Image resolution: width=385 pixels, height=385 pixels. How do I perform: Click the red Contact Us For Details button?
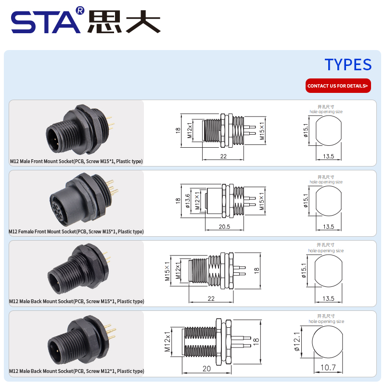point(338,86)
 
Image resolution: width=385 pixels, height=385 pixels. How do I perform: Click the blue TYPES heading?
point(348,64)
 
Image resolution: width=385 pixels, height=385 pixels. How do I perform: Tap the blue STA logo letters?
point(46,22)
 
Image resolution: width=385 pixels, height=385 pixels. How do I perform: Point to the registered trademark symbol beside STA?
point(80,11)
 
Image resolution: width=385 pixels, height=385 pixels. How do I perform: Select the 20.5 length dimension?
point(224,226)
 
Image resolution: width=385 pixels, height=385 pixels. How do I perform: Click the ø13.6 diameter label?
point(188,201)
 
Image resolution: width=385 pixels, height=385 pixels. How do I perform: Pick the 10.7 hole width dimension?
point(328,367)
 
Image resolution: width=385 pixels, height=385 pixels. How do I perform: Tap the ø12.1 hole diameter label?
point(297,342)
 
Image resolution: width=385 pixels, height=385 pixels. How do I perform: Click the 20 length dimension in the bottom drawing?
point(206,369)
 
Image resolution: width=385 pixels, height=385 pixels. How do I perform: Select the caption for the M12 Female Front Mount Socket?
point(76,231)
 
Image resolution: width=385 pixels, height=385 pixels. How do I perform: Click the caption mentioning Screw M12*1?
point(77,371)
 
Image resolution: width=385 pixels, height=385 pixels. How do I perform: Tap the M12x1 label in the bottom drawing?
point(167,342)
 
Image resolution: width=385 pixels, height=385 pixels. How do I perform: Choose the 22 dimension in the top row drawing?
point(223,156)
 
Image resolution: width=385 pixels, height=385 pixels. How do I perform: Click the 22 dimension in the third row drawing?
point(211,298)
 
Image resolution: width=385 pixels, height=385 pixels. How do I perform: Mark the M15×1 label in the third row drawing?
point(167,271)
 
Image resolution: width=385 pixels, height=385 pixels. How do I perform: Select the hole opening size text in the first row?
point(326,112)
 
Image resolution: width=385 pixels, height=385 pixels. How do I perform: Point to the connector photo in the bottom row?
point(82,340)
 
